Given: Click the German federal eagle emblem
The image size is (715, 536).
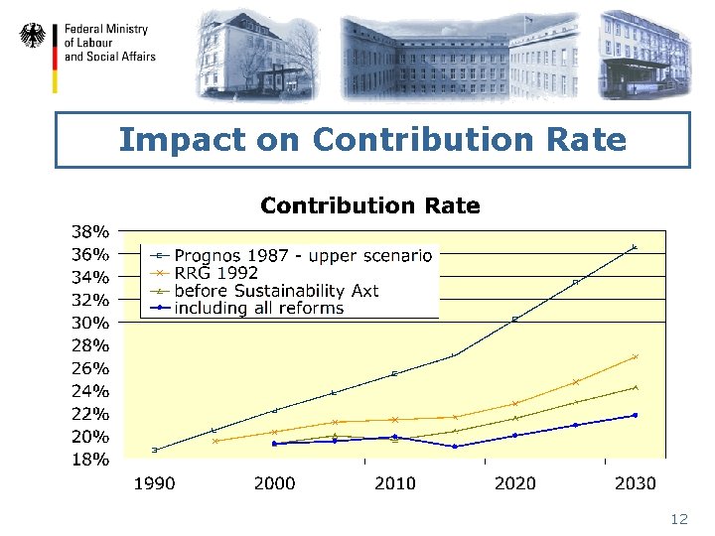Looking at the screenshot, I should [33, 37].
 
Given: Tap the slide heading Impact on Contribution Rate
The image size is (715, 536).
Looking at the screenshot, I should [372, 140].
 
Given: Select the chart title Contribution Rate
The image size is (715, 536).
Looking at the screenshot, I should [369, 206].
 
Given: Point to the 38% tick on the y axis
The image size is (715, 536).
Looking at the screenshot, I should [88, 230].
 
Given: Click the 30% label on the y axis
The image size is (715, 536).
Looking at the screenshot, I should [88, 323].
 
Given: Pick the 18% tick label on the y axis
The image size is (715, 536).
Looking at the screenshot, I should [88, 460].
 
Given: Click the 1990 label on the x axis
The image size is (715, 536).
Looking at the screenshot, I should [155, 483].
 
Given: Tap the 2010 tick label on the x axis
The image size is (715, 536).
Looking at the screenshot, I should [395, 483].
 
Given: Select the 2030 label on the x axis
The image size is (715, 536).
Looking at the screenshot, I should [636, 483].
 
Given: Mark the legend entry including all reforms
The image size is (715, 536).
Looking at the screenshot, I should [258, 309].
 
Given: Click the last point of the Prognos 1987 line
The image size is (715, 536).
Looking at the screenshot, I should [635, 246].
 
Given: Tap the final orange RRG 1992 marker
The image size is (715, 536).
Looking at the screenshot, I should [635, 356].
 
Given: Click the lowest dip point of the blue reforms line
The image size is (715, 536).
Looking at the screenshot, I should [455, 447].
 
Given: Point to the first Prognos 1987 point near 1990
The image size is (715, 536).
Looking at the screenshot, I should [155, 450].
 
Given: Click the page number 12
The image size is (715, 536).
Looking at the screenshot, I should [679, 519].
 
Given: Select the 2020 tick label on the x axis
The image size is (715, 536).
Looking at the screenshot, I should [515, 483].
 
